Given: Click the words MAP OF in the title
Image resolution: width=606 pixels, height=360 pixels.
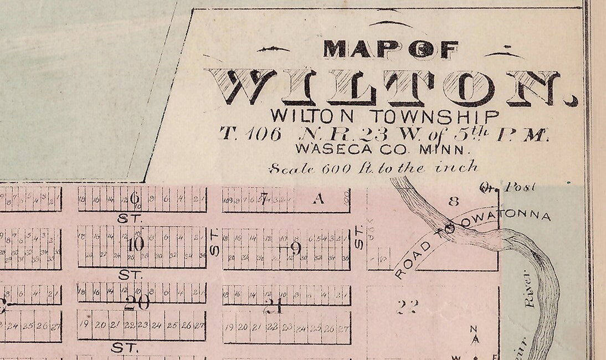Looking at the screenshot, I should coord(390,50).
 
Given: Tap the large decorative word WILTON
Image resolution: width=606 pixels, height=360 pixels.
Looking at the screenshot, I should coord(391,88).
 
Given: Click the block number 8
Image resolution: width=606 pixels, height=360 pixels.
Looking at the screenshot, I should coord(454,202).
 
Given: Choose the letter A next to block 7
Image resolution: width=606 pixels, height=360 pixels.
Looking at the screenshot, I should coord(318,200).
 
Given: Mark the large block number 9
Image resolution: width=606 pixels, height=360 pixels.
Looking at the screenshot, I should coord(296,249).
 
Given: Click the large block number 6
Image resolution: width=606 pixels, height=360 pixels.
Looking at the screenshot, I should coord(135,198).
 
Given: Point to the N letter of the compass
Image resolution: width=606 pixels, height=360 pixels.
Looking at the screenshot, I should coord(474,328).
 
